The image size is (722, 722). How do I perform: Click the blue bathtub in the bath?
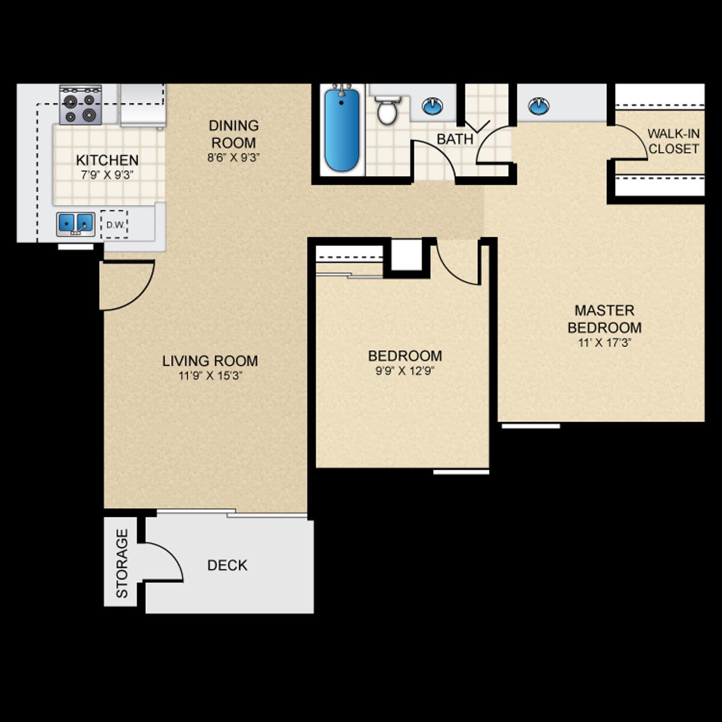(x=342, y=130)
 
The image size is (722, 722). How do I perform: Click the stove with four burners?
(x=80, y=105)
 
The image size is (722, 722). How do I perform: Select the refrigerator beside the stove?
(x=142, y=105)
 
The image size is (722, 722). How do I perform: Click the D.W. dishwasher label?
(x=115, y=225)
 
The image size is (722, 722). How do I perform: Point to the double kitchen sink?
(x=75, y=224)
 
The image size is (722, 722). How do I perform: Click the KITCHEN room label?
(x=107, y=160)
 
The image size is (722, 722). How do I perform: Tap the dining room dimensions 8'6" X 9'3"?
(x=233, y=157)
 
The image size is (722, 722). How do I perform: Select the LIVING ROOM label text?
(x=210, y=361)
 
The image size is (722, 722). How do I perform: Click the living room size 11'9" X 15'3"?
(x=210, y=375)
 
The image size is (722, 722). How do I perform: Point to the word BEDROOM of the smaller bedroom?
(x=405, y=356)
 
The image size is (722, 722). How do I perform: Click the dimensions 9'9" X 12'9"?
(x=405, y=371)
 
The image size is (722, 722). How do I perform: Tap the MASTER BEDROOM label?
(x=604, y=319)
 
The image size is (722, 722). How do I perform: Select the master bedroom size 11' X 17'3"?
(x=604, y=343)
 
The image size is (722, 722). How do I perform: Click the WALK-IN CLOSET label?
(x=673, y=141)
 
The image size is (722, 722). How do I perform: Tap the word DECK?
(x=227, y=565)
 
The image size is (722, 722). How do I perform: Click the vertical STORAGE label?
(x=122, y=564)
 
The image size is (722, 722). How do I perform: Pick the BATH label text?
(x=454, y=139)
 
